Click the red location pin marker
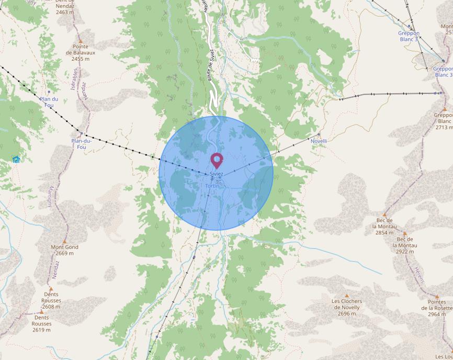point(216,160)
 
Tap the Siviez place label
point(216,174)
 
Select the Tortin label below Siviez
point(212,186)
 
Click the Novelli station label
point(319,141)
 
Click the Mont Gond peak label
point(64,250)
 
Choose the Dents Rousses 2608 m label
point(51,301)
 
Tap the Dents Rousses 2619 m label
point(41,323)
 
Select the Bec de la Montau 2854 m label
point(384,227)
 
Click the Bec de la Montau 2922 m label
point(404,245)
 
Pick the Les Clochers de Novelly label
point(347,307)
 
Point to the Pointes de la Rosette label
point(437,308)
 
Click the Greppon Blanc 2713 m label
point(443,121)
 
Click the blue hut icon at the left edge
point(16,159)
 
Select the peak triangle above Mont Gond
point(64,241)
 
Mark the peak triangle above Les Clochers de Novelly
point(346,296)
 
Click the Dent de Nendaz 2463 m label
point(66,8)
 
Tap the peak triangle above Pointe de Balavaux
point(80,41)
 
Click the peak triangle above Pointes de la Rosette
point(436,296)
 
